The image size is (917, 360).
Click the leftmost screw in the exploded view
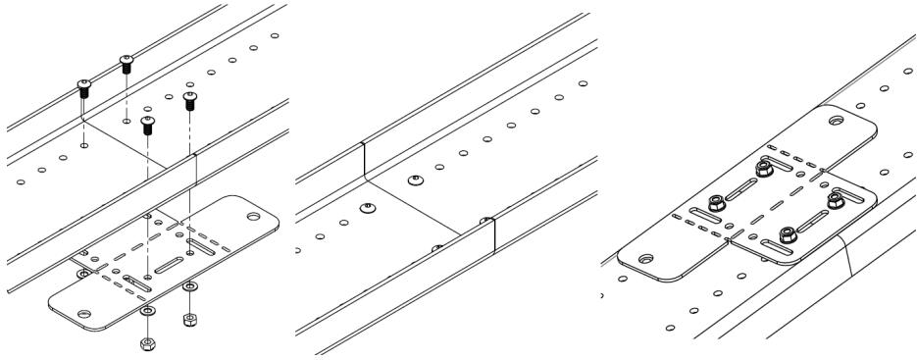point(84,88)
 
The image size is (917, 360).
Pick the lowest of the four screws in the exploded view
point(148,124)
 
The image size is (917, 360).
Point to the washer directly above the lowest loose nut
point(148,310)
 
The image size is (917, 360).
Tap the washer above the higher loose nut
point(190,285)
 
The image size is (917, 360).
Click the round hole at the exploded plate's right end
point(254,214)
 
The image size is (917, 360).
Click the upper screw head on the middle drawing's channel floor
point(414,181)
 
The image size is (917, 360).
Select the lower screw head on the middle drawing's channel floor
point(367,207)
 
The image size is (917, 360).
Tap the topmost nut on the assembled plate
point(761,170)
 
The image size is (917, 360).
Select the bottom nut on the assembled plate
point(788,232)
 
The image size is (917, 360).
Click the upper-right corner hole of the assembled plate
point(835,121)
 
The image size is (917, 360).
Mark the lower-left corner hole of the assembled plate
point(644,259)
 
